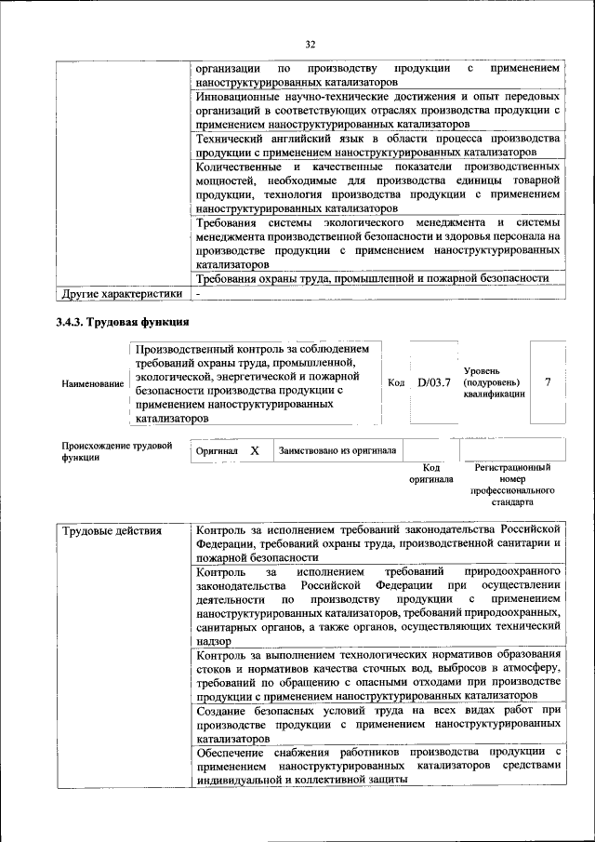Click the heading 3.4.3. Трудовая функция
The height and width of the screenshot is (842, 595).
[123, 322]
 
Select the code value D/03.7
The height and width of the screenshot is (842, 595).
[433, 382]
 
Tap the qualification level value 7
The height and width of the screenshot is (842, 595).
[549, 382]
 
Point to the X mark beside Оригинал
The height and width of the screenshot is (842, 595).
[254, 450]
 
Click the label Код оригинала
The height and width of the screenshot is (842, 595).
[430, 474]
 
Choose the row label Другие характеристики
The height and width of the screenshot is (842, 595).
[122, 294]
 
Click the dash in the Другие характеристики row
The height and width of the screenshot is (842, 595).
[198, 294]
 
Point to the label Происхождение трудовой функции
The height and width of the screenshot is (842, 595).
[117, 451]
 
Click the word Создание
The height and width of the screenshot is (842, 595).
[224, 710]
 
